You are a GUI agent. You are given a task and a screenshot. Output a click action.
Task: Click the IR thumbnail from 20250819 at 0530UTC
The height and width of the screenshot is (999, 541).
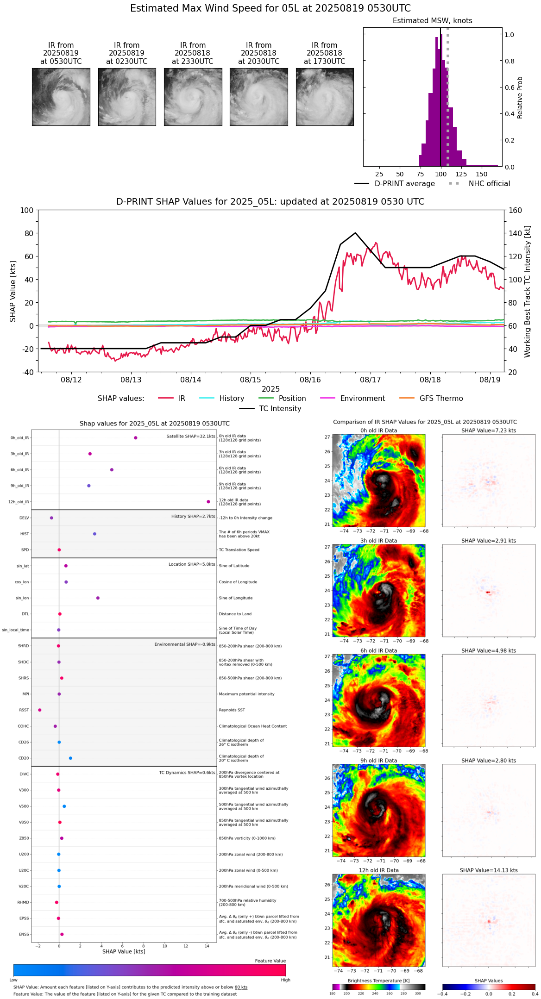coord(61,97)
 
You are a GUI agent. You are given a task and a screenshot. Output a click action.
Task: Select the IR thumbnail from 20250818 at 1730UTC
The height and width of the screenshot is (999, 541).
coord(325,97)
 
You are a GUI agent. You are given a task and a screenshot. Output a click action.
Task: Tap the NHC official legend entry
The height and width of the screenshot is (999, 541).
coord(489,184)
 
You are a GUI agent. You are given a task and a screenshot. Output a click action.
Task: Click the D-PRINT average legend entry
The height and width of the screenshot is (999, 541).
coord(404,184)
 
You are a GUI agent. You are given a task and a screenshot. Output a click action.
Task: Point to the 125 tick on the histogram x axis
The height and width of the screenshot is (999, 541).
coord(461,174)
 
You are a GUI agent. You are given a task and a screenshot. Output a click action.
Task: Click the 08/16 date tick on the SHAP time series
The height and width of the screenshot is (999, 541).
coord(310,380)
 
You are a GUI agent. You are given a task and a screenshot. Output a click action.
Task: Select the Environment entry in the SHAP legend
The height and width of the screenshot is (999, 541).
coord(362,399)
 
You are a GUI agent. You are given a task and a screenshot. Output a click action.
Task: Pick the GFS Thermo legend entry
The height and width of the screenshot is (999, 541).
coord(441,399)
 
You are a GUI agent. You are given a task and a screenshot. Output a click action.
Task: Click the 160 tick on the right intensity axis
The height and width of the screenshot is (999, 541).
coord(515,211)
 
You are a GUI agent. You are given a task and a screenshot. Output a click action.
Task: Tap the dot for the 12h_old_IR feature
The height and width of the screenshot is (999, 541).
coord(208,502)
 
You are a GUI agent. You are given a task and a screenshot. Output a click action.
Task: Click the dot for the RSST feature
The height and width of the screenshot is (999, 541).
coord(40,710)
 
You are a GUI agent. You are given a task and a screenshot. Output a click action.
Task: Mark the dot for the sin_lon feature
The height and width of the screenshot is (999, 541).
coord(98,598)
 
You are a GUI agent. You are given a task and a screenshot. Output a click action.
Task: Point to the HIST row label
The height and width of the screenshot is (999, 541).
coord(25,534)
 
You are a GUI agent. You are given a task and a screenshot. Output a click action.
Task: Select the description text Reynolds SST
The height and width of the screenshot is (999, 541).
coord(232,710)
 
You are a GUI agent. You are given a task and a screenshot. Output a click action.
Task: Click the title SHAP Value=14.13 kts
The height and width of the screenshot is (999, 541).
coord(489,870)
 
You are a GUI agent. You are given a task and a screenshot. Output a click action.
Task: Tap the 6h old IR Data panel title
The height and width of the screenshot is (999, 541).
coord(378,650)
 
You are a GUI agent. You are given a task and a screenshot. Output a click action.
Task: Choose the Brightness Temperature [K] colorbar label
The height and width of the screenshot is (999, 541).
coord(378,980)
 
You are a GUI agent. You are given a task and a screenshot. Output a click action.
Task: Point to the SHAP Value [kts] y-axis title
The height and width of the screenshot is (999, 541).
coord(13,291)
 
